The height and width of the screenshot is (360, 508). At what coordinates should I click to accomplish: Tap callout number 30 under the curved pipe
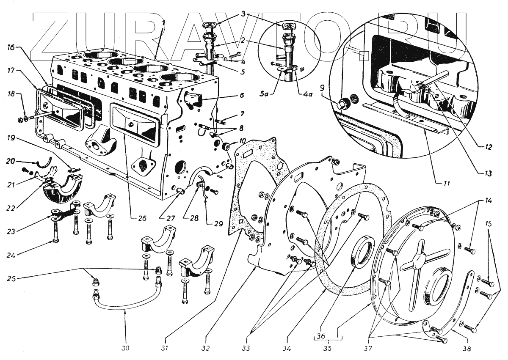[126, 348]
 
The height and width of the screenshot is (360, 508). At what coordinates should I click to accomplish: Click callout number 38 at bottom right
[467, 348]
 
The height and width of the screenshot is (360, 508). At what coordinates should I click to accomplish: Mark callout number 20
[11, 161]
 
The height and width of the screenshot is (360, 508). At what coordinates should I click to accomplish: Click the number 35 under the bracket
[327, 348]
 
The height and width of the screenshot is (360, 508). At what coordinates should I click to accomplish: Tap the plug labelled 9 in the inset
[343, 104]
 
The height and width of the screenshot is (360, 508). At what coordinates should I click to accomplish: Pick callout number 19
[11, 138]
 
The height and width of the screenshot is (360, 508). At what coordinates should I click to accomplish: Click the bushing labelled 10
[224, 146]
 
